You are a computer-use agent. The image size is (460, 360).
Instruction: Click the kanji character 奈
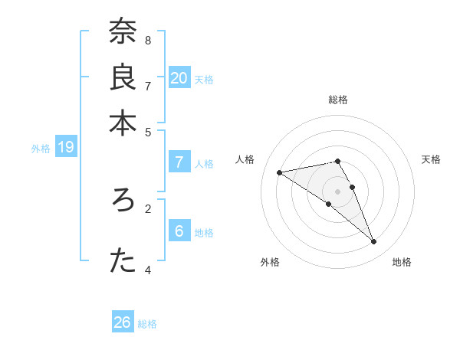(123, 33)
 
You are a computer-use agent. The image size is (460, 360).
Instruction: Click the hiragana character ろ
(123, 201)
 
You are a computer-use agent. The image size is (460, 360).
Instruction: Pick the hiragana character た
(123, 261)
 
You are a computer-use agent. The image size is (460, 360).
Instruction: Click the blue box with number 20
(179, 78)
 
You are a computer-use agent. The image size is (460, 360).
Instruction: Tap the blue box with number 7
(179, 162)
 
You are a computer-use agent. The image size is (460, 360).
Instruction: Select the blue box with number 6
(179, 231)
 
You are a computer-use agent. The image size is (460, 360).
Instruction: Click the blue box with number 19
(66, 148)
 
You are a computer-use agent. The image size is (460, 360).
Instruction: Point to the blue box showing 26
(123, 322)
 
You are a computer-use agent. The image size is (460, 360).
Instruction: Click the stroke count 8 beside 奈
(148, 40)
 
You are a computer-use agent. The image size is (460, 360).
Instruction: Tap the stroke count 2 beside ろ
(148, 208)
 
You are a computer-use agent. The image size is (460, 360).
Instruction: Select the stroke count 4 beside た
(148, 270)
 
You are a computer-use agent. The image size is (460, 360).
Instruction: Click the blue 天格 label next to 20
(204, 80)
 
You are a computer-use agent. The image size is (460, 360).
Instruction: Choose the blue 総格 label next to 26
(147, 324)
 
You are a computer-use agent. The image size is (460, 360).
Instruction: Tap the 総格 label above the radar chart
(337, 100)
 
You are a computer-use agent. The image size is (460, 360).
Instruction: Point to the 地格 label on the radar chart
(402, 263)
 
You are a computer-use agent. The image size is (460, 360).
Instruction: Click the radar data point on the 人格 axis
(280, 172)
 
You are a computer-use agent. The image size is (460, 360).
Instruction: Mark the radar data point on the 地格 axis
(373, 242)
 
